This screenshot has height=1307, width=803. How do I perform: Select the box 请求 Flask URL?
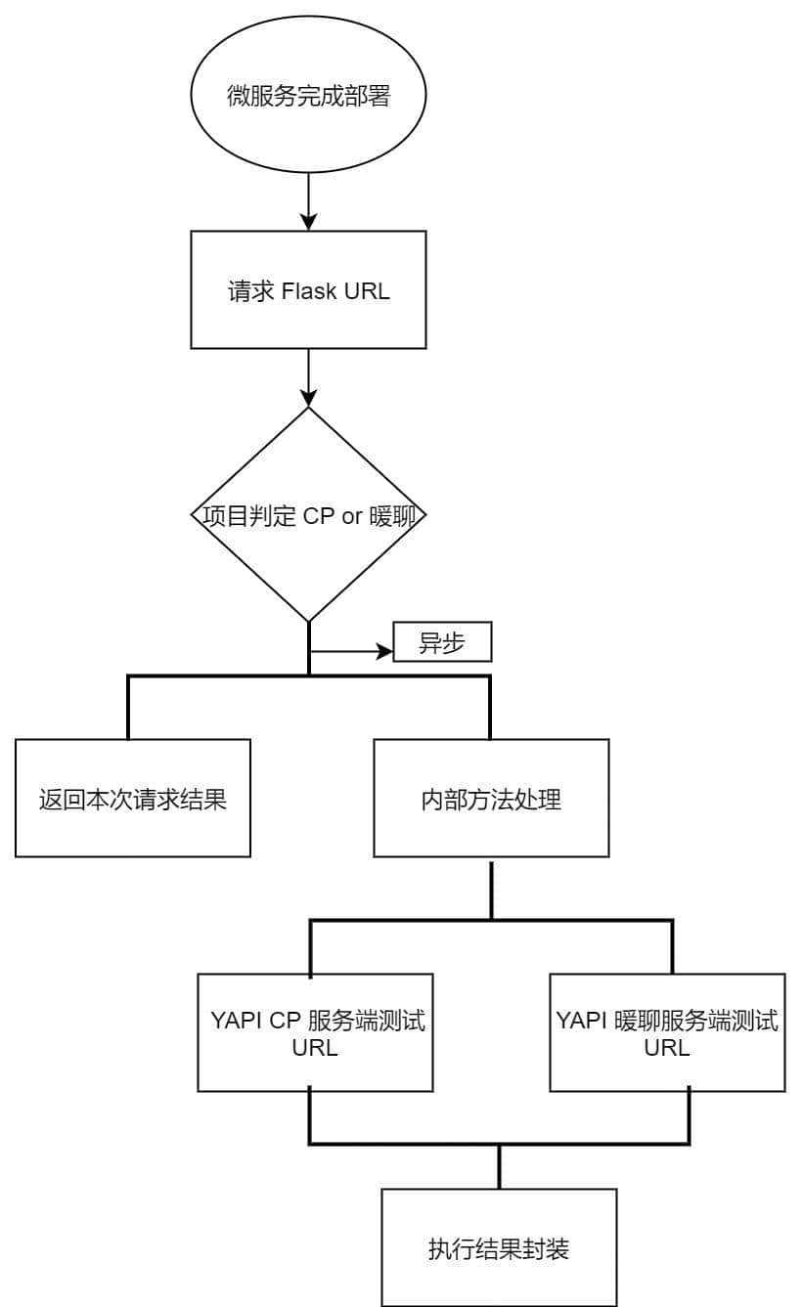pyautogui.click(x=308, y=290)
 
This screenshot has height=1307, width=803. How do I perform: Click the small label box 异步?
pyautogui.click(x=441, y=642)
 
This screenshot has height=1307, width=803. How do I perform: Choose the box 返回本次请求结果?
pyautogui.click(x=132, y=799)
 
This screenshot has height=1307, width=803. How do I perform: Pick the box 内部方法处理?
pyautogui.click(x=491, y=799)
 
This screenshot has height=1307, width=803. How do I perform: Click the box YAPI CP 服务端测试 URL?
pyautogui.click(x=316, y=1032)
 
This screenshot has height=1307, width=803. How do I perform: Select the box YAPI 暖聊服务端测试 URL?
pyautogui.click(x=667, y=1032)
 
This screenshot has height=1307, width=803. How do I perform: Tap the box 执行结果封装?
pyautogui.click(x=499, y=1247)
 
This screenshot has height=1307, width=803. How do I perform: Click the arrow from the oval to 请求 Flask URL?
pyautogui.click(x=308, y=201)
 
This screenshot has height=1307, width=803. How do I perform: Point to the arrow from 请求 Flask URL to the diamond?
pyautogui.click(x=308, y=377)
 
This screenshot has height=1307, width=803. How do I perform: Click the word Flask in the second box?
pyautogui.click(x=309, y=291)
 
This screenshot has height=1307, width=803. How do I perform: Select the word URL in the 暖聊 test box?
pyautogui.click(x=667, y=1047)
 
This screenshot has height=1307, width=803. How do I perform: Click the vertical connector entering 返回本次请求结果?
pyautogui.click(x=128, y=708)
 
